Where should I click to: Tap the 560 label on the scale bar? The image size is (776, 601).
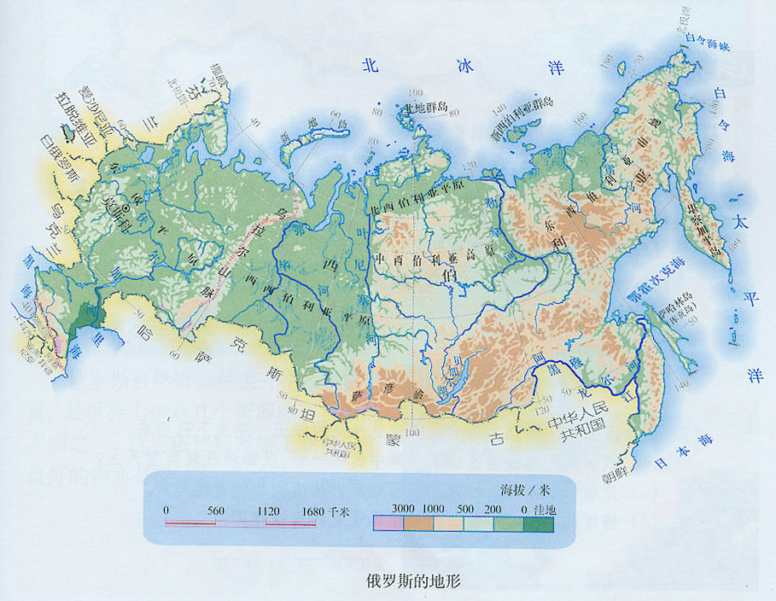(x=215, y=511)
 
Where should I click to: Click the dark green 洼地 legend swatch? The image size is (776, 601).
(x=540, y=523)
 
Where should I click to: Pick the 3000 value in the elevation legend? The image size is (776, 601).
(x=403, y=509)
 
